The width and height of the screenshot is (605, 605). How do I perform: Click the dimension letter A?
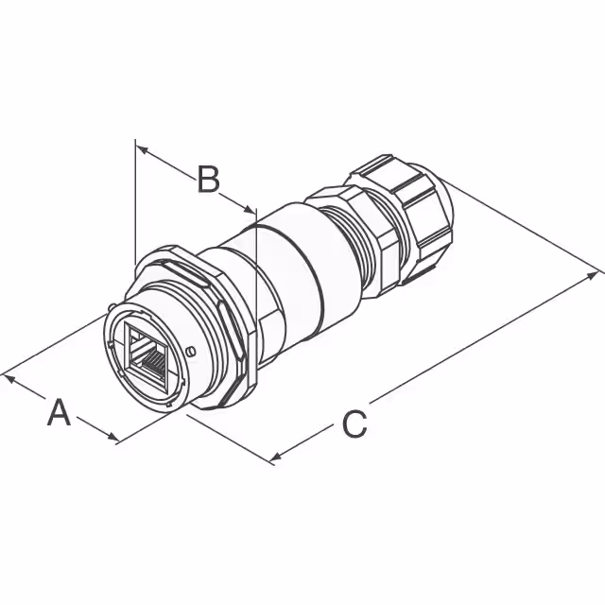pos(60,413)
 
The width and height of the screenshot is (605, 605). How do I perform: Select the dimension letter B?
pos(208,179)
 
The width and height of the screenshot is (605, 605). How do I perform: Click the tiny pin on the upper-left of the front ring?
pos(113,306)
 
